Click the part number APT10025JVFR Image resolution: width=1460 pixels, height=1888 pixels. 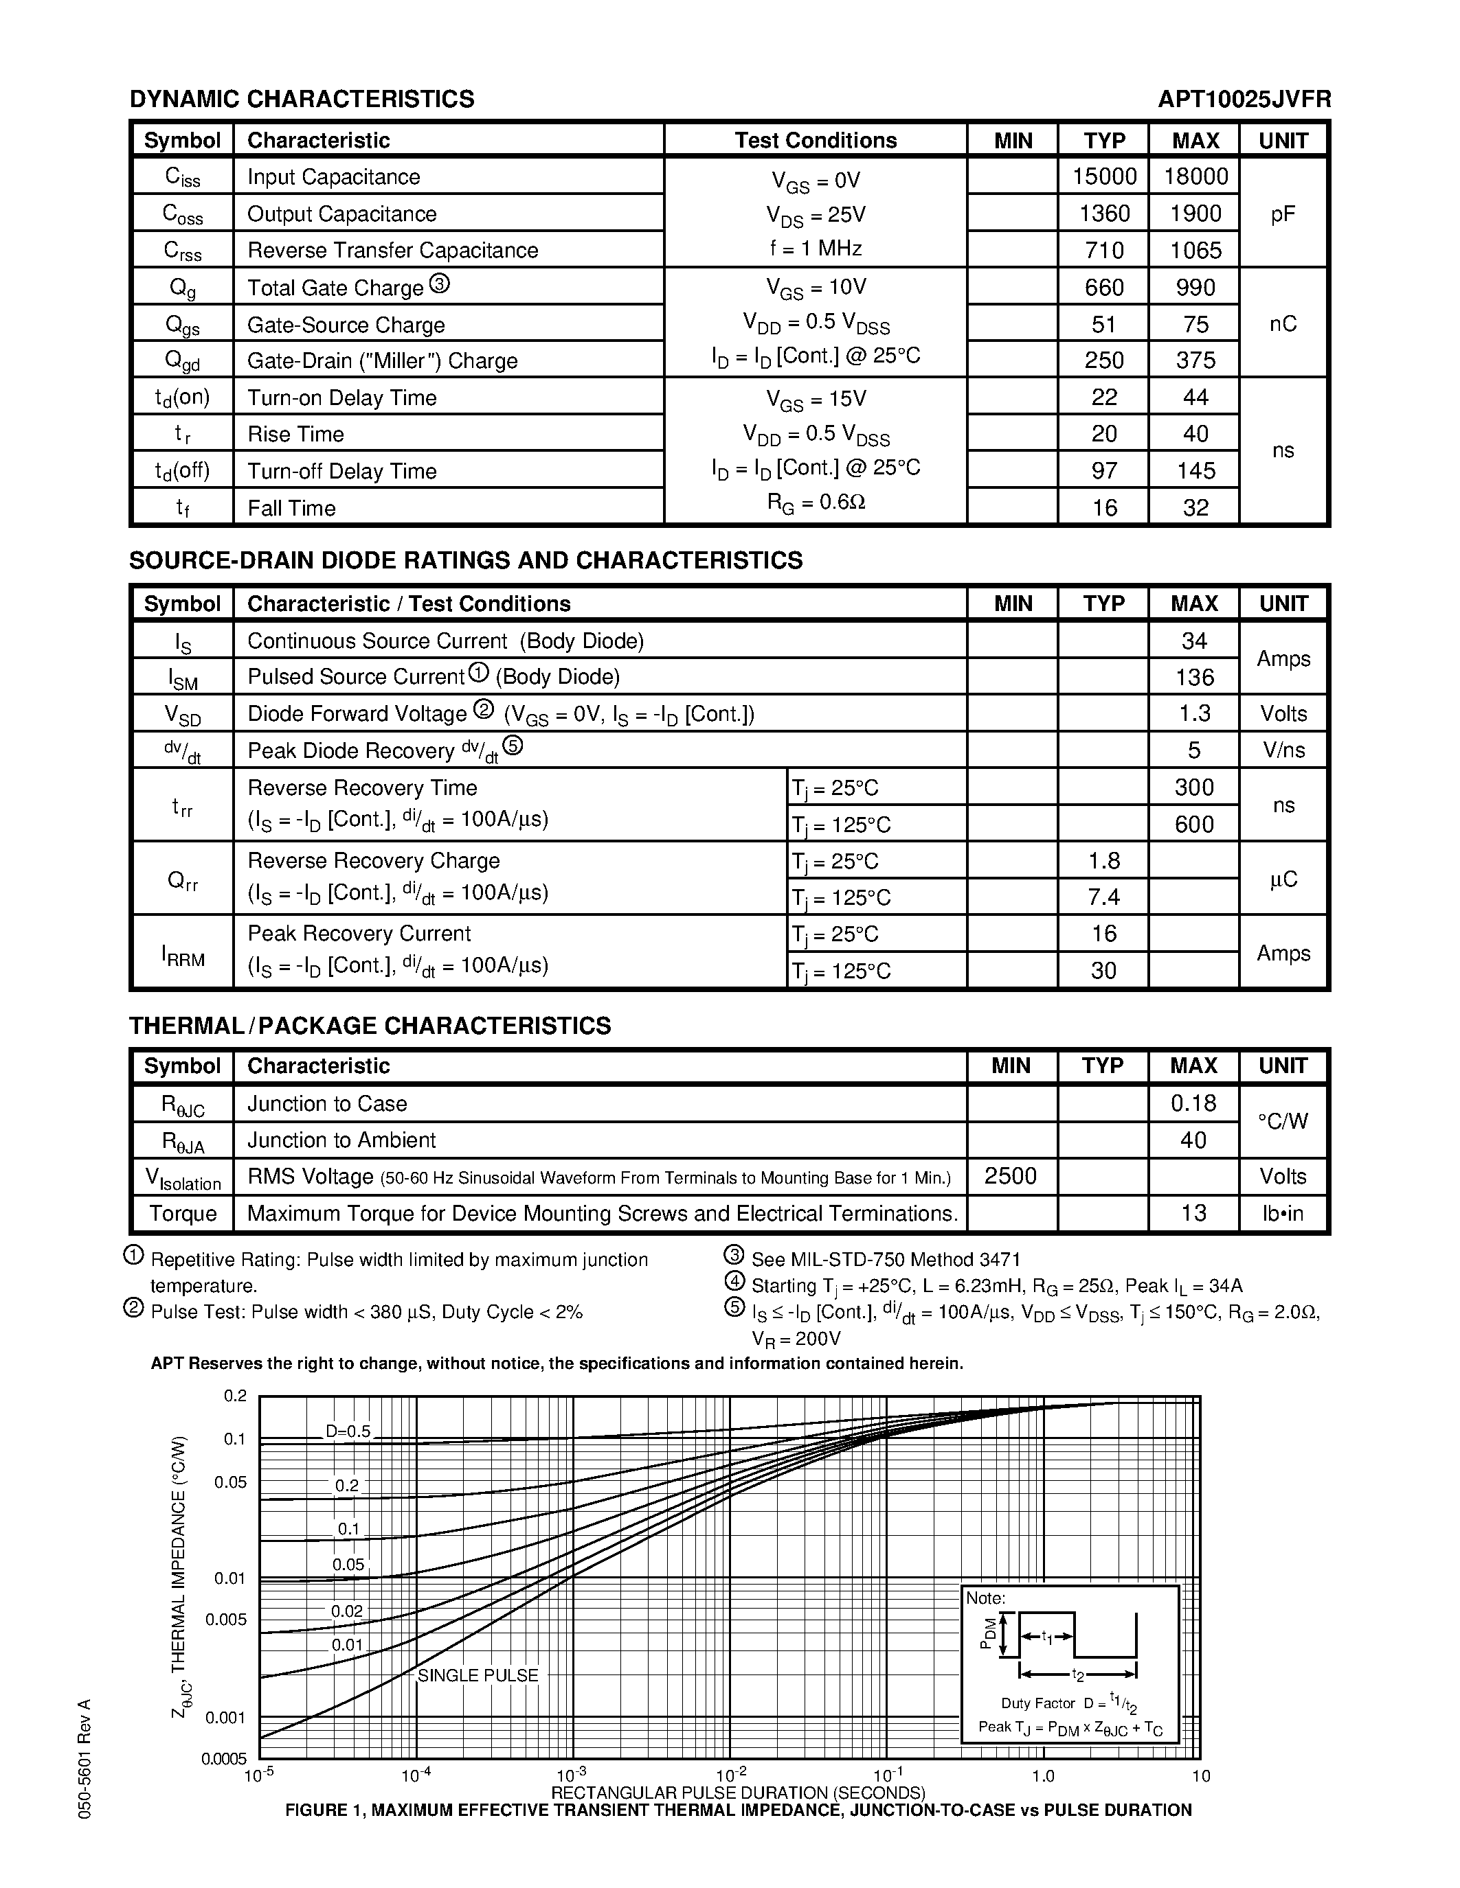[x=1244, y=100]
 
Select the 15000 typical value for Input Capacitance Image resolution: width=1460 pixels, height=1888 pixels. [x=1103, y=176]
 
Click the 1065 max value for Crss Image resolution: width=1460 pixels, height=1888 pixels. [x=1195, y=251]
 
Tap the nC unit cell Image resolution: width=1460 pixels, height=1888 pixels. [x=1283, y=323]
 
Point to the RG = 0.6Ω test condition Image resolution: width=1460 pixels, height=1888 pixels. [x=816, y=503]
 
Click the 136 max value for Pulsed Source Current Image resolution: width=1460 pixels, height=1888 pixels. [x=1195, y=677]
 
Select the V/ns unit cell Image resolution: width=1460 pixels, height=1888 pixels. [x=1283, y=750]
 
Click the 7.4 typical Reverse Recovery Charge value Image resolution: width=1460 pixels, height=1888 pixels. [x=1103, y=897]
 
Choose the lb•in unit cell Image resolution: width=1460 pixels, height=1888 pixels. [x=1283, y=1213]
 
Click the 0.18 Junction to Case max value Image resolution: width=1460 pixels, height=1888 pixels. [x=1193, y=1103]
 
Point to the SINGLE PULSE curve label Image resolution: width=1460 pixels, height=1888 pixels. [x=478, y=1675]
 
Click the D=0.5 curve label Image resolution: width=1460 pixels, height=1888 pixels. [x=348, y=1431]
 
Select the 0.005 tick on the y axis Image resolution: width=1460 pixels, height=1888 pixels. [x=226, y=1619]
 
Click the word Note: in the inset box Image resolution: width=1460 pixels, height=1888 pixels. [x=985, y=1598]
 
